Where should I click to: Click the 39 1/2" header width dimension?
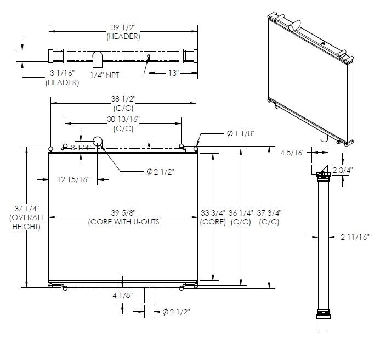[x=123, y=27]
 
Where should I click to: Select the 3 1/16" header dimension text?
[x=63, y=73]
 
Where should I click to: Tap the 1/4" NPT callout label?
[x=105, y=75]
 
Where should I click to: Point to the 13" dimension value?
[x=173, y=73]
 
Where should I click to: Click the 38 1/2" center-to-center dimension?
[x=123, y=99]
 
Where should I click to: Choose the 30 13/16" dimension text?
[x=123, y=119]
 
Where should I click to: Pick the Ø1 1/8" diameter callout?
[x=241, y=133]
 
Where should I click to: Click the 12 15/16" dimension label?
[x=73, y=179]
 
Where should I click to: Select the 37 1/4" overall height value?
[x=27, y=209]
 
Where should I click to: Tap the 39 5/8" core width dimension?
[x=123, y=213]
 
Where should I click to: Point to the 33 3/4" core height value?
[x=213, y=213]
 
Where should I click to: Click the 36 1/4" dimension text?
[x=241, y=213]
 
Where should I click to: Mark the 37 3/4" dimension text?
[x=269, y=213]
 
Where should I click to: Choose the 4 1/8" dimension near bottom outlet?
[x=123, y=295]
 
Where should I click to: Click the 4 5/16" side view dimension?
[x=292, y=153]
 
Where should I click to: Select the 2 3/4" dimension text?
[x=342, y=170]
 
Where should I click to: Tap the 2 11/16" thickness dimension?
[x=355, y=237]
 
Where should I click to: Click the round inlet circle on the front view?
[x=98, y=142]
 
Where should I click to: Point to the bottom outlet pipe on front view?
[x=149, y=295]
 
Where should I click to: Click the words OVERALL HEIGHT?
[x=27, y=222]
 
